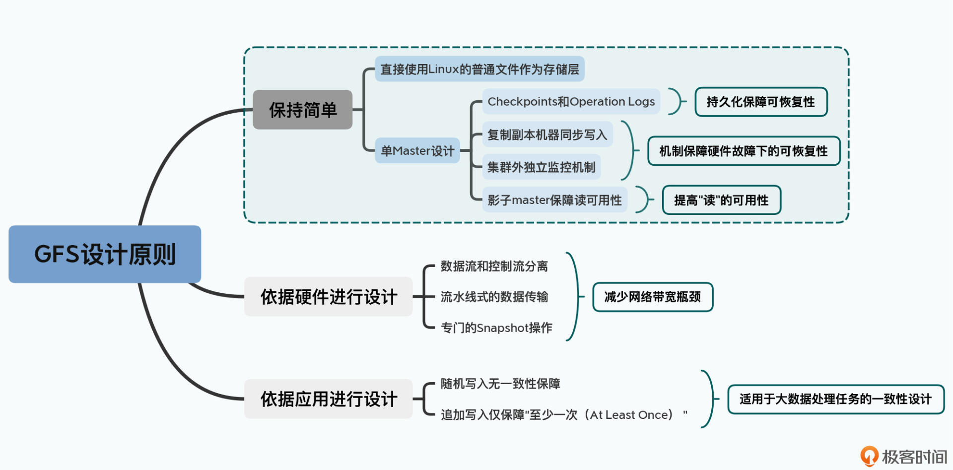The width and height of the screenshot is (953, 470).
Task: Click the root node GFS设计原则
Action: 105,254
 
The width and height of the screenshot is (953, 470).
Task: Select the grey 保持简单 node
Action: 303,110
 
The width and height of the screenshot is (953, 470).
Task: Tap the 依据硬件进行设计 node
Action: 329,297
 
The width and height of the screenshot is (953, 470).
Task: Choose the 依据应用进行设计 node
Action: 329,399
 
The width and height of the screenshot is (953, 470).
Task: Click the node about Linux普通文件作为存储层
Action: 479,69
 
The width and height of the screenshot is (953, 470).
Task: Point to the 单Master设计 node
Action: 417,150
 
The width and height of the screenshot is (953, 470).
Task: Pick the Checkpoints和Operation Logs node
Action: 571,102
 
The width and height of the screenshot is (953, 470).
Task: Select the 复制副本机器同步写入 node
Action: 547,134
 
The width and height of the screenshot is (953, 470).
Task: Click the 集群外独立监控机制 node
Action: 541,167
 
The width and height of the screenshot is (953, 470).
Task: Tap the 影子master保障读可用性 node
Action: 554,200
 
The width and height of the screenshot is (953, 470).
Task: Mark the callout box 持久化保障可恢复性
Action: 761,102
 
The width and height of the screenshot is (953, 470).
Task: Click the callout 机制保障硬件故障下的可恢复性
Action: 744,151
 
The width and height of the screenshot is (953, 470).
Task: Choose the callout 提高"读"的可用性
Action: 721,200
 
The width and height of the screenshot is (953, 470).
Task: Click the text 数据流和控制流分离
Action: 494,267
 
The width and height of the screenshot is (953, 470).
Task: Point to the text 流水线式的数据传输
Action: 494,297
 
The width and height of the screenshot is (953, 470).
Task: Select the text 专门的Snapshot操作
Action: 496,328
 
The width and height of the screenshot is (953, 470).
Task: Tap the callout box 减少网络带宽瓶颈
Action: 653,297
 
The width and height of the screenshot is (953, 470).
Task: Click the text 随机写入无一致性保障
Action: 500,384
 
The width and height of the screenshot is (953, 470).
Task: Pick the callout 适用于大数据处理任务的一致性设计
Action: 835,399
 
